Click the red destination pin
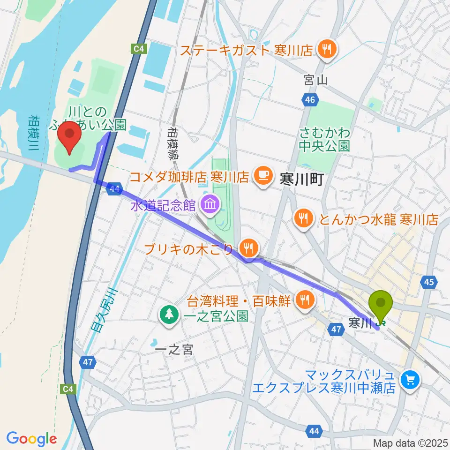(70, 135)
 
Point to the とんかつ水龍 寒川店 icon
(303, 217)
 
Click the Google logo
(31, 438)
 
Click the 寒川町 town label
(302, 180)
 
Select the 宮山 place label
(314, 80)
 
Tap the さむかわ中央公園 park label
(324, 139)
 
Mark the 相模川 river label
(34, 134)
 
